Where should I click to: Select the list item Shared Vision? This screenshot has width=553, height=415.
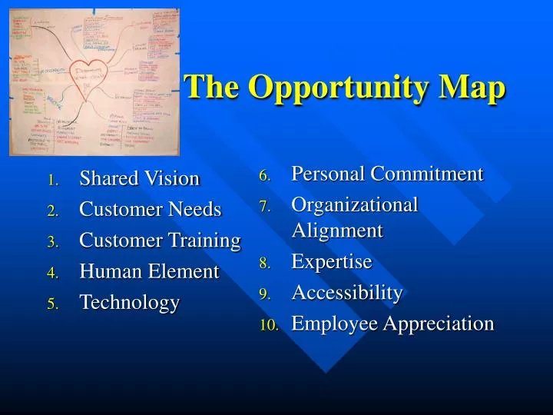[139, 179]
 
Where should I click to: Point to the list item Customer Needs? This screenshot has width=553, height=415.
[150, 210]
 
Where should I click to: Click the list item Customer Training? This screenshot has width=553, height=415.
[160, 241]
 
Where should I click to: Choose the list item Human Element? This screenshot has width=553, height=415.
[149, 271]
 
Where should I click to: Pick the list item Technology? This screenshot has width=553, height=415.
[129, 303]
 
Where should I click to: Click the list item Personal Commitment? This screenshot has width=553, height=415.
[387, 174]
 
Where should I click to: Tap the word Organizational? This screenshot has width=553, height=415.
[354, 205]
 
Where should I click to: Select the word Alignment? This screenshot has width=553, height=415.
[336, 231]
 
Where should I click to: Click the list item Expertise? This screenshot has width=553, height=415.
[331, 262]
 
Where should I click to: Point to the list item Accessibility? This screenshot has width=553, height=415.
[346, 293]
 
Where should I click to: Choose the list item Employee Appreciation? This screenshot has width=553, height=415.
[392, 324]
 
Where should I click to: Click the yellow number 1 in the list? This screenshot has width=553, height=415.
[52, 181]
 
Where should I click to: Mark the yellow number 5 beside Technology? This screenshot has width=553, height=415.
[52, 304]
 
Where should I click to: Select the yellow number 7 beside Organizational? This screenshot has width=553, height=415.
[264, 207]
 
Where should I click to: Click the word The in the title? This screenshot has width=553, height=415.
[212, 87]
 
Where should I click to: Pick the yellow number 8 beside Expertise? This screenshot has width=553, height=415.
[264, 264]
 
